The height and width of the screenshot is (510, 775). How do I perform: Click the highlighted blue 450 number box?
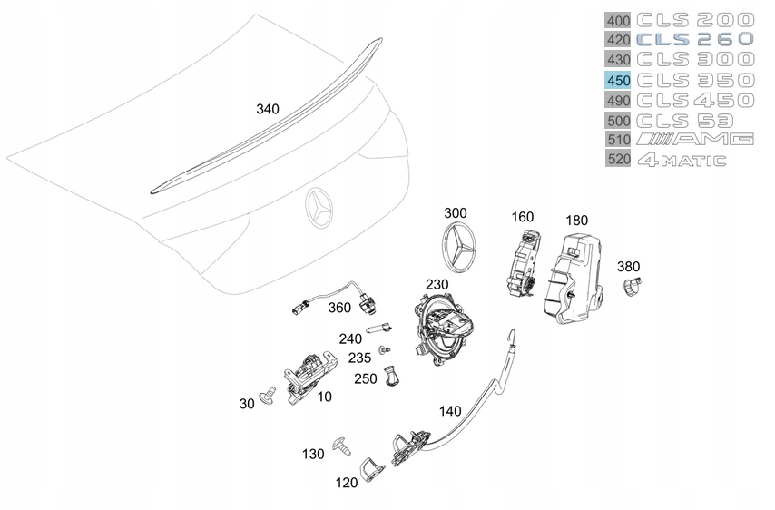tap(618, 80)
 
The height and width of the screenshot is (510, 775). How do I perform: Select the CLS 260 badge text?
tap(694, 39)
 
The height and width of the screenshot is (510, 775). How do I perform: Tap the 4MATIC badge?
tap(681, 161)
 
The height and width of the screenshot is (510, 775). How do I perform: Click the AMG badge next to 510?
tap(694, 140)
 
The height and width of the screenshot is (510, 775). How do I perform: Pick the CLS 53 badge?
tap(681, 120)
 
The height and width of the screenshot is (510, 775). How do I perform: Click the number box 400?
tap(618, 19)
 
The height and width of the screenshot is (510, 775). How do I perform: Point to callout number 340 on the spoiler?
tap(268, 109)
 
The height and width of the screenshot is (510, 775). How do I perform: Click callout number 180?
tap(576, 221)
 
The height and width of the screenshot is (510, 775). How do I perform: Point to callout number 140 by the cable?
tap(450, 410)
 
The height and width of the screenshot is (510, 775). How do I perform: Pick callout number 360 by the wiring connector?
tap(338, 308)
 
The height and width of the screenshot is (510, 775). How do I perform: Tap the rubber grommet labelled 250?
tap(391, 374)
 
